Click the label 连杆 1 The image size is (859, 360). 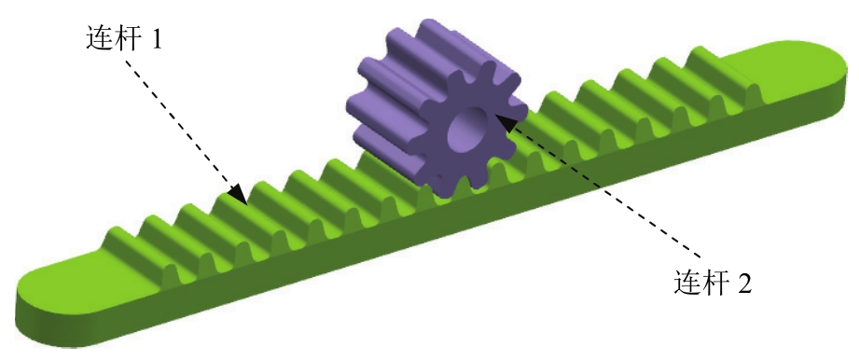124,39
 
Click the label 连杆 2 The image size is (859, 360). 713,284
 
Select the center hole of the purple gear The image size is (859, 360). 468,131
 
